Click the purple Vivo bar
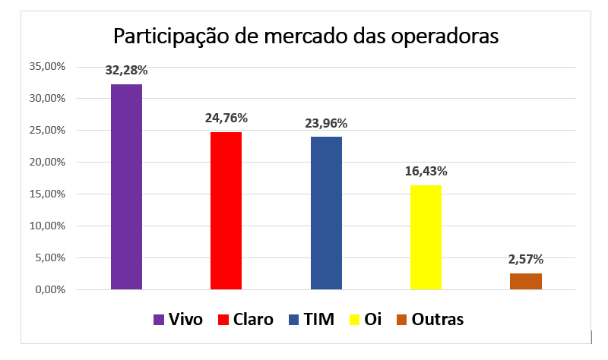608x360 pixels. tap(126, 187)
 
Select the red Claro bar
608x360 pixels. tap(226, 210)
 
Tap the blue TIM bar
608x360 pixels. tap(326, 213)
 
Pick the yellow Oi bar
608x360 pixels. tap(426, 237)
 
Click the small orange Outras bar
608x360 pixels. tap(525, 281)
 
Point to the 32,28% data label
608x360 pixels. tap(126, 71)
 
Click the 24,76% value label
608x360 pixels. tap(226, 118)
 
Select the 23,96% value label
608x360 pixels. tap(326, 123)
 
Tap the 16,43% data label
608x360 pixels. tap(426, 171)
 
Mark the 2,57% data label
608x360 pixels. tap(525, 259)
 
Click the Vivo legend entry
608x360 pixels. tap(178, 320)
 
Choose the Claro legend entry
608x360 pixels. tap(245, 320)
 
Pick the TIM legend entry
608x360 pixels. tap(311, 320)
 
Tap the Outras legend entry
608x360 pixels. tap(429, 320)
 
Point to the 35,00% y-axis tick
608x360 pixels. tap(48, 67)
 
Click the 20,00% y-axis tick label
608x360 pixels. tap(48, 163)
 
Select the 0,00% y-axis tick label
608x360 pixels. tap(50, 290)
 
